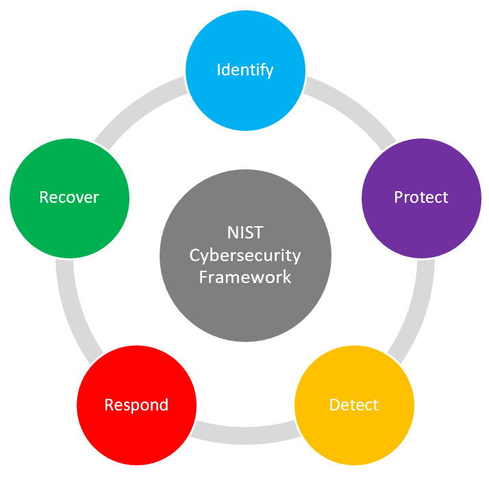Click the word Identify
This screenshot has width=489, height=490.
(245, 70)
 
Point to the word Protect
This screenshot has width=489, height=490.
(421, 197)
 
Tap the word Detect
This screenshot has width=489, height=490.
(354, 405)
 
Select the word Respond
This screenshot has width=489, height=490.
(136, 405)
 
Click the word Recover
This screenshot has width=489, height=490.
(69, 197)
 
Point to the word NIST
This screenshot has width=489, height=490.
(244, 233)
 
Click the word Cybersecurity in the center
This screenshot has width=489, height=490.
(245, 256)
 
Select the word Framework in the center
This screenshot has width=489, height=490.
(245, 277)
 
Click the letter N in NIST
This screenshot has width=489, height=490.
(231, 233)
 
